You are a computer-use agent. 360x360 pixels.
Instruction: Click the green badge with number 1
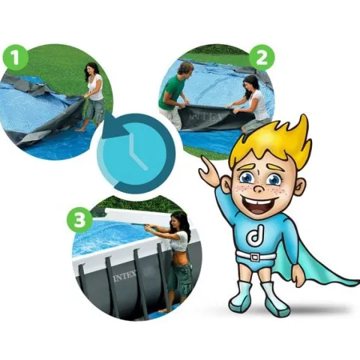16,58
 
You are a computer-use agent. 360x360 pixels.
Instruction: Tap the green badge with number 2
262,58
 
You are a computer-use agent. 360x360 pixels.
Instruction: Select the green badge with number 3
79,220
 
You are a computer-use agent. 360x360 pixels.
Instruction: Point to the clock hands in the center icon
136,151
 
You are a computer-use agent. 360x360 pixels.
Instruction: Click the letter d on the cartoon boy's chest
254,235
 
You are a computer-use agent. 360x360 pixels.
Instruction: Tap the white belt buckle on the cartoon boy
255,257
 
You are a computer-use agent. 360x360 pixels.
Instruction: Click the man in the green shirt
175,92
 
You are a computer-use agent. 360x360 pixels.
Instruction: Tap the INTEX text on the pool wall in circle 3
124,276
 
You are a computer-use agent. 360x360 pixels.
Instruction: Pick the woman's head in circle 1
92,70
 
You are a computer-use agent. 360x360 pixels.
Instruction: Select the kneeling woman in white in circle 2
253,103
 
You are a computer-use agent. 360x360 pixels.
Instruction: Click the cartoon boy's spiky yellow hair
272,144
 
